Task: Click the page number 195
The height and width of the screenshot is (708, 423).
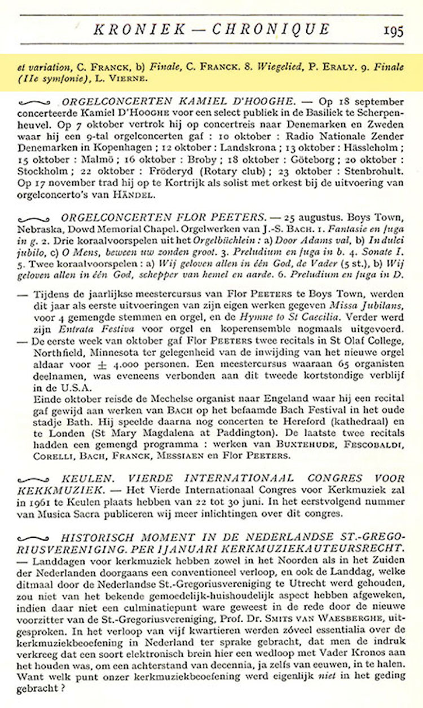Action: (394, 30)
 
